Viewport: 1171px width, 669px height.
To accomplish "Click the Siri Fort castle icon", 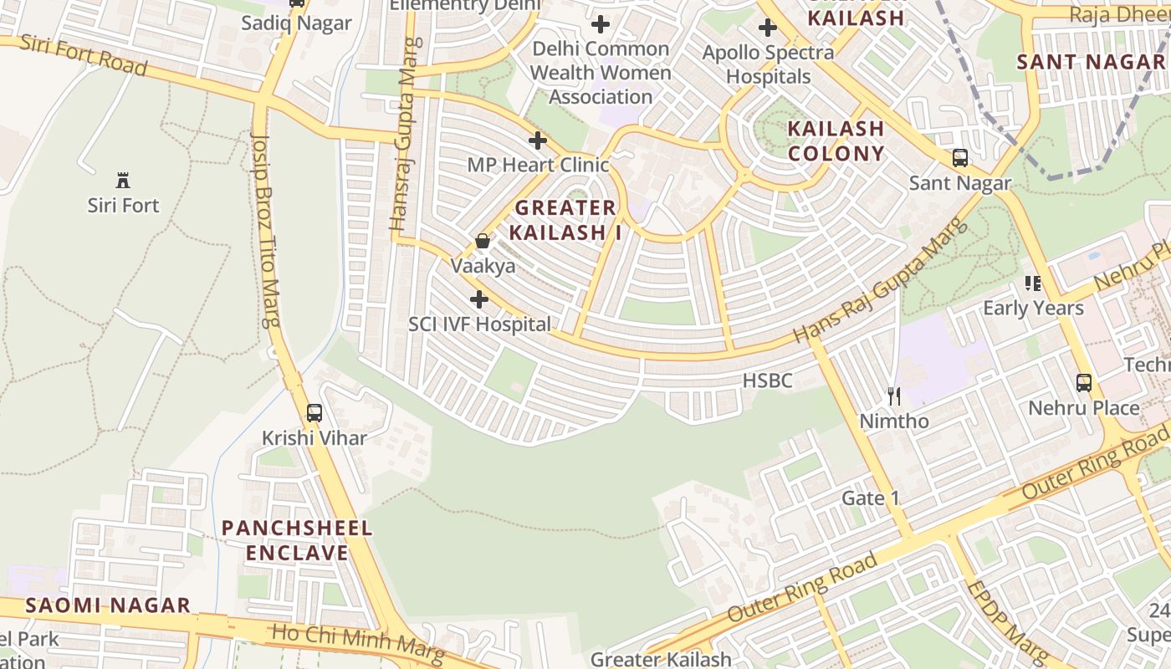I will pos(123,180).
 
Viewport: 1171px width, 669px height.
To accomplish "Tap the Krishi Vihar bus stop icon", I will pos(314,412).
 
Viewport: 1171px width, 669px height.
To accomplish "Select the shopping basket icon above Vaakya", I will pos(483,242).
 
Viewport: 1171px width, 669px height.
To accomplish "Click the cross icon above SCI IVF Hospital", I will pos(479,299).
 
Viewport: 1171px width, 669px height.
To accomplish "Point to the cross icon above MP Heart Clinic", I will pos(538,140).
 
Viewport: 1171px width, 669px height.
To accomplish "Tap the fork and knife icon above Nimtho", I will pos(894,396).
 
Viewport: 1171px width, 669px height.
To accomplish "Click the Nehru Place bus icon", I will pos(1084,383).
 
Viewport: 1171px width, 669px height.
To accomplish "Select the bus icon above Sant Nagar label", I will pos(960,157).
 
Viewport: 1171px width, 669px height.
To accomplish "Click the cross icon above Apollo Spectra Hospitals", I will pos(767,28).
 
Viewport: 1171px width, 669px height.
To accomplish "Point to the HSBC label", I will pos(767,380).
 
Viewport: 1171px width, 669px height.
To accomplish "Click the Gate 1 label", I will pos(870,498).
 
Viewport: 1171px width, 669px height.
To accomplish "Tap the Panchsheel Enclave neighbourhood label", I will pos(297,540).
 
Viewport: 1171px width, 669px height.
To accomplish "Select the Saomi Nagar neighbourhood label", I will pos(108,605).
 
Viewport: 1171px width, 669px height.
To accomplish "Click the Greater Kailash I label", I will pos(568,220).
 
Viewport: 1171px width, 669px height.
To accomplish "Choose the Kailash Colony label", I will pos(836,140).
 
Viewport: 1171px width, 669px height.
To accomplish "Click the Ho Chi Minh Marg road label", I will pos(358,645).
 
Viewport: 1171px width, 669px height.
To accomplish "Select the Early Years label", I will pos(1033,308).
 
